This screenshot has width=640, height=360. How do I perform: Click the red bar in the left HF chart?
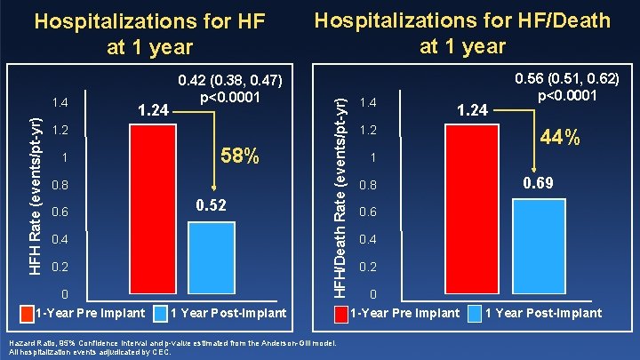coord(153,210)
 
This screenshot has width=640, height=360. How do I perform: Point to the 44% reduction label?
coord(560,138)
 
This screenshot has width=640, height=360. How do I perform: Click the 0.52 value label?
coord(214,205)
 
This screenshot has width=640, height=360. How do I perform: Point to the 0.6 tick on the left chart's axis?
coord(60,212)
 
